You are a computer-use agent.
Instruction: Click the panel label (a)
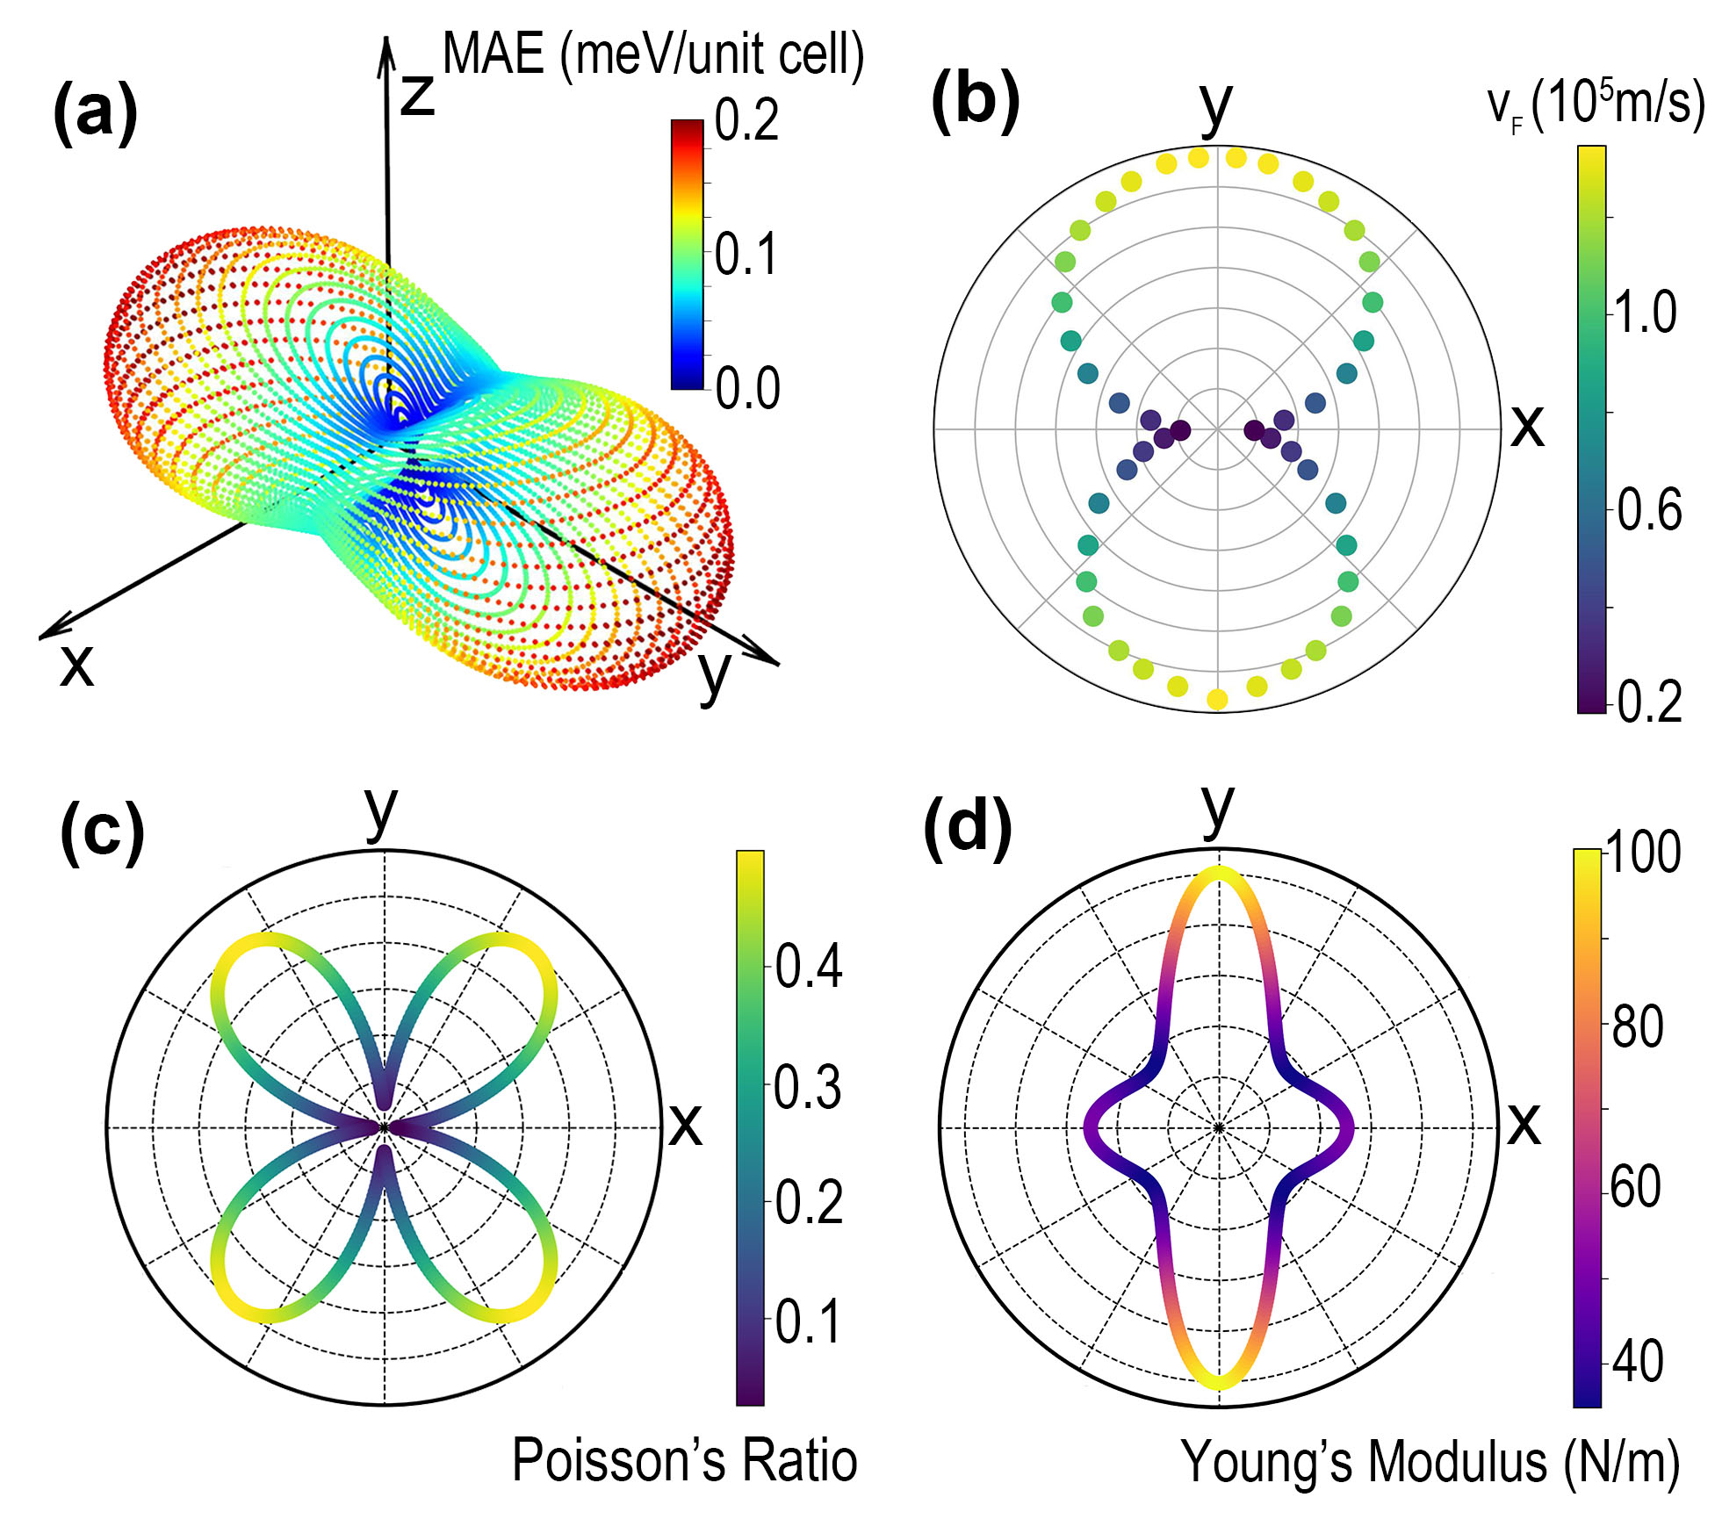(x=95, y=112)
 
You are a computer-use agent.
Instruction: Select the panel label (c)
(x=102, y=832)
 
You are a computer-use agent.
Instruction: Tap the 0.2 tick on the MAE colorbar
(x=746, y=120)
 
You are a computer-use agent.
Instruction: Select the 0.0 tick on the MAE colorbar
(x=746, y=388)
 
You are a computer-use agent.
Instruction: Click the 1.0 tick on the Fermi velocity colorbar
(x=1646, y=313)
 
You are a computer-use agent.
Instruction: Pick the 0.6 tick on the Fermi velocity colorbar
(x=1649, y=509)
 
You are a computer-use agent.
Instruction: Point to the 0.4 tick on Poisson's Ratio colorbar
(x=808, y=967)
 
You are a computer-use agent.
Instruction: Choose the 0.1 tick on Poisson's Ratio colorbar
(x=808, y=1321)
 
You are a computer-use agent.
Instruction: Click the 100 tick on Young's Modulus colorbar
(x=1642, y=852)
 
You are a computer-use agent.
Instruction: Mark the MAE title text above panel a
(x=652, y=54)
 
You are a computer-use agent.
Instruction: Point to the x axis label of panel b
(x=1527, y=428)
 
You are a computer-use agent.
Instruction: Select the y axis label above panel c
(x=381, y=810)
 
